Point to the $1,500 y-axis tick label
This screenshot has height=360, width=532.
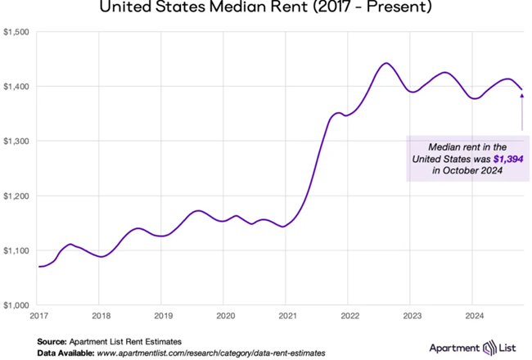point(16,32)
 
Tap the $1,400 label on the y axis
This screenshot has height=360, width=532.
point(16,87)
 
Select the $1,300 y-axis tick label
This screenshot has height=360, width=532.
point(16,141)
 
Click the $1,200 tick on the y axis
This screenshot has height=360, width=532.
point(16,196)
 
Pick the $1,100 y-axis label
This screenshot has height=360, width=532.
point(16,250)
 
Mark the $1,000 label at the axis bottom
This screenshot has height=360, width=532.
point(16,304)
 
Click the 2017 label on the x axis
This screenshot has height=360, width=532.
point(38,315)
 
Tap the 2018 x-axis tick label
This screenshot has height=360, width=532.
point(101,315)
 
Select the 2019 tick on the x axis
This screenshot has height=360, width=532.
point(163,315)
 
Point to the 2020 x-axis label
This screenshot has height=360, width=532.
point(225,315)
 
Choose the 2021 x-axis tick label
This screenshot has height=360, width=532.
point(287,315)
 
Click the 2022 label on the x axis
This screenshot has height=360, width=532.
point(349,315)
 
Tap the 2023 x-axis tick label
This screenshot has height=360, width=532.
point(412,315)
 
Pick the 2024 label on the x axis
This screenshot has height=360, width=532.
point(474,315)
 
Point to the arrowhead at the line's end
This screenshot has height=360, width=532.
point(521,95)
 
